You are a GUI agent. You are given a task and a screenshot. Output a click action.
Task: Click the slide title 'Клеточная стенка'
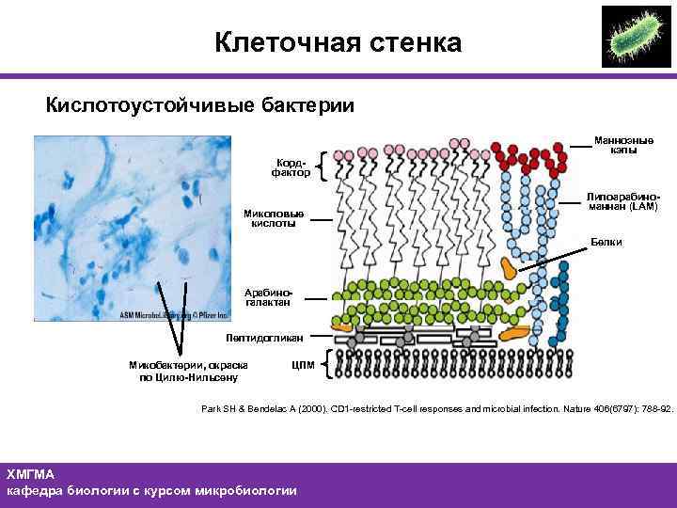click(338, 42)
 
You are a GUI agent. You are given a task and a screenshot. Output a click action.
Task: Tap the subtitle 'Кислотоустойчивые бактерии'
click(200, 104)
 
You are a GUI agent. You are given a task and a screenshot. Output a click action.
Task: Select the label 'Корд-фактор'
click(290, 167)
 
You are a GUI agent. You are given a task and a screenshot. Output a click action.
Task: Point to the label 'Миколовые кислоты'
click(274, 217)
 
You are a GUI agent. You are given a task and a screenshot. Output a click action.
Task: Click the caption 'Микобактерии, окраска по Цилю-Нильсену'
click(189, 370)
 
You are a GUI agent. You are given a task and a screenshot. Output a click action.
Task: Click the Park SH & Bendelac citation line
click(437, 408)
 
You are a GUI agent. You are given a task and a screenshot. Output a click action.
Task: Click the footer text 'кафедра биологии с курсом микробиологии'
click(151, 490)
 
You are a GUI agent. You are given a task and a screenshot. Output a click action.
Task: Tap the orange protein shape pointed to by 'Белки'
click(512, 267)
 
